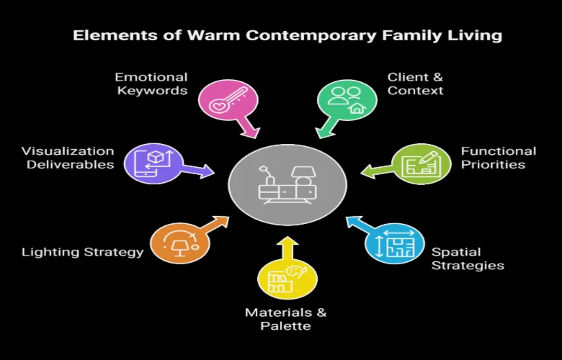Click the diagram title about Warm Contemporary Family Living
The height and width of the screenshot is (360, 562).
click(287, 35)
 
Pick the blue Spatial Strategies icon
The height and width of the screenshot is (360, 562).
click(394, 243)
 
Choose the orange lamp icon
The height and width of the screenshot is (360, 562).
click(177, 242)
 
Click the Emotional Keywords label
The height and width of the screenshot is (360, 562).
click(152, 84)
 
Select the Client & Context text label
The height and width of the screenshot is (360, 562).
click(415, 84)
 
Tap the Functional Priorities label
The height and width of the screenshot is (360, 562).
click(499, 158)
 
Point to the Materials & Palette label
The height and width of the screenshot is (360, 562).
click(285, 319)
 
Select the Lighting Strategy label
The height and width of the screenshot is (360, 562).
click(82, 252)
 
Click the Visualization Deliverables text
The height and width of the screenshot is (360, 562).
click(68, 158)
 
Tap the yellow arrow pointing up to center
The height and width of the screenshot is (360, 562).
click(287, 246)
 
